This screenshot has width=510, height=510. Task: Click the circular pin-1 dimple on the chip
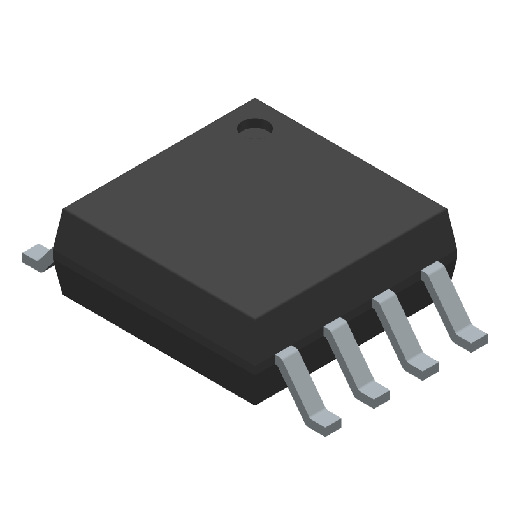[x=254, y=128]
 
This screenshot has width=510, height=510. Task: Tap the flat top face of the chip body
[x=255, y=210]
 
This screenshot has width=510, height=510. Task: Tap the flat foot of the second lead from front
[x=375, y=395]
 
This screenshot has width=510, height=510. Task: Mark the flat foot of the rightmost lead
[x=472, y=338]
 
